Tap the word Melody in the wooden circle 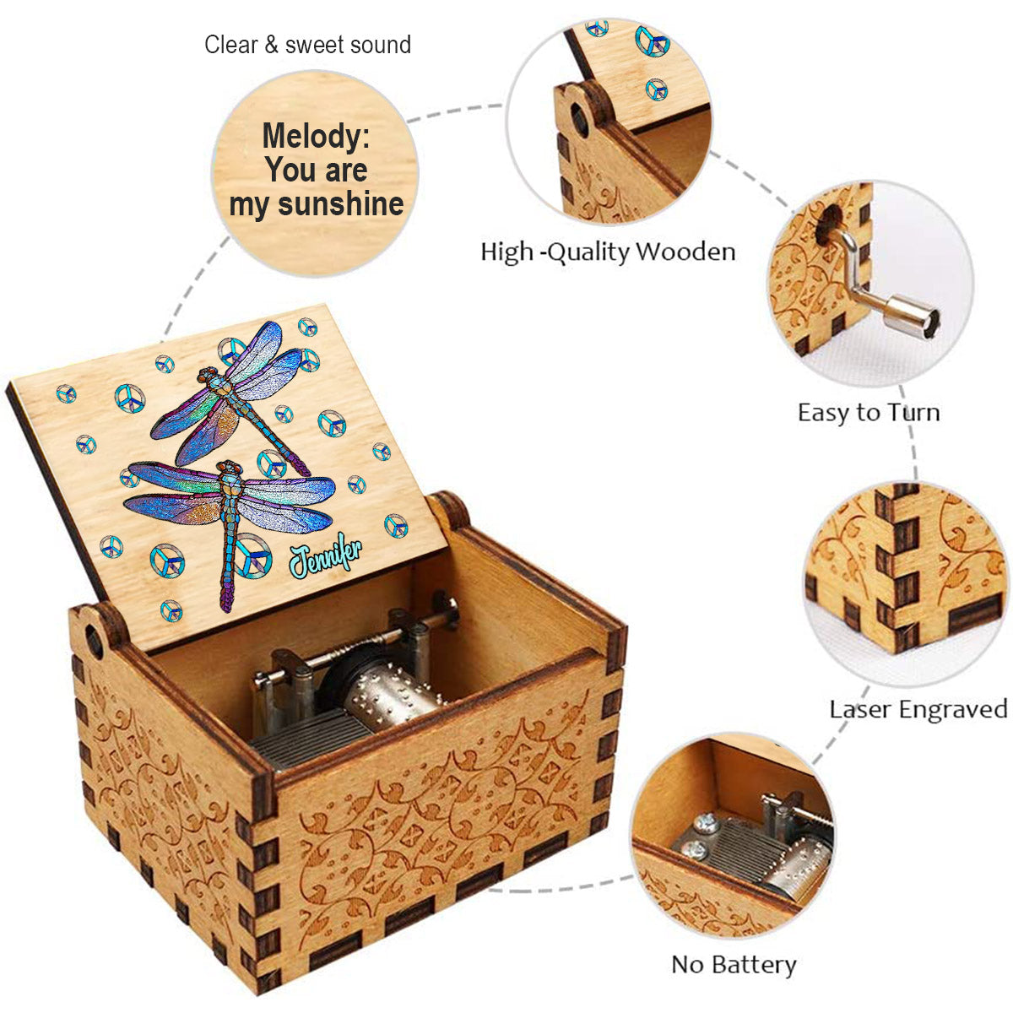click(x=316, y=136)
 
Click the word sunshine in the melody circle click(x=341, y=204)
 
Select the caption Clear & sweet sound click(x=307, y=45)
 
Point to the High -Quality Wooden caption click(x=608, y=252)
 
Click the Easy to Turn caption click(x=869, y=412)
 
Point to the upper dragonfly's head click(x=205, y=375)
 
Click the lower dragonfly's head click(x=230, y=467)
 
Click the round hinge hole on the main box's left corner click(x=94, y=642)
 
